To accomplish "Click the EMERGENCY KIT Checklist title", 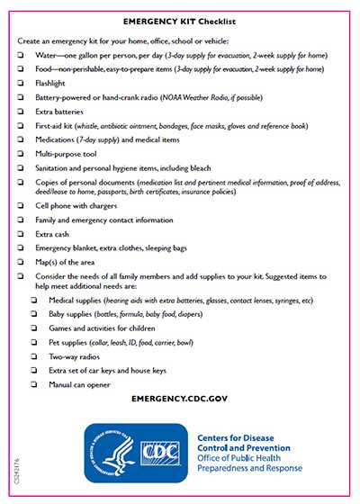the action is click(180, 18).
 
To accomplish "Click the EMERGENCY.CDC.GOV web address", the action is click(180, 397).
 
